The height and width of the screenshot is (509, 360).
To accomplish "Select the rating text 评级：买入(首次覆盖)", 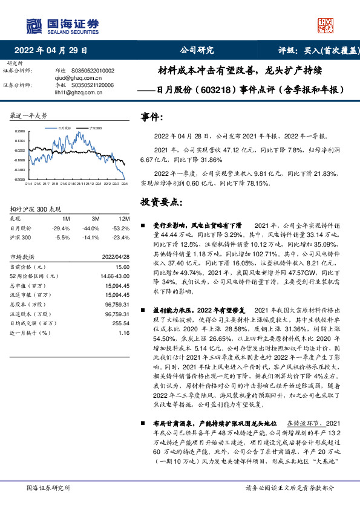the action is pyautogui.click(x=313, y=50).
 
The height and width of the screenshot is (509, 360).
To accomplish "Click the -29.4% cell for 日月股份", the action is pyautogui.click(x=62, y=229).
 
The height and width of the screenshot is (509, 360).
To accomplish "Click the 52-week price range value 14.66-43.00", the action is pyautogui.click(x=117, y=276).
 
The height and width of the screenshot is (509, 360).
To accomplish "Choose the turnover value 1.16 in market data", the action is pyautogui.click(x=124, y=333).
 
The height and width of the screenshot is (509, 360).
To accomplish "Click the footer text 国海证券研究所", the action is pyautogui.click(x=48, y=487).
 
